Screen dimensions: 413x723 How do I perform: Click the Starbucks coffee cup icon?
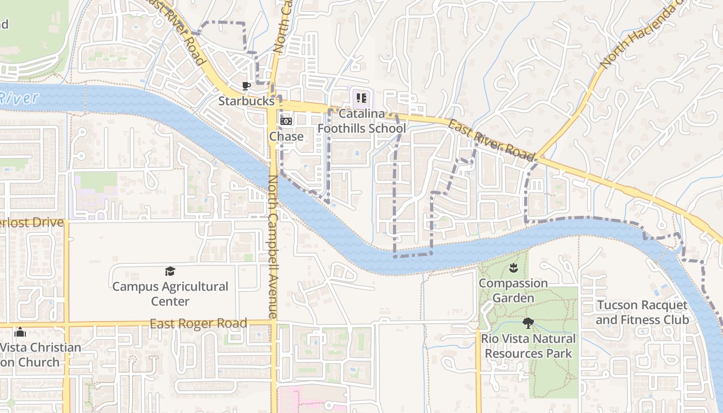coord(246,86)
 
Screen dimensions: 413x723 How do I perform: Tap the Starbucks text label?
coord(246,101)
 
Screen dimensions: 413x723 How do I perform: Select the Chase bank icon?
coord(286,121)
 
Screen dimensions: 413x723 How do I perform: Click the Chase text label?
coord(286,137)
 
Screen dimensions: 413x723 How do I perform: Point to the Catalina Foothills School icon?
coord(361,97)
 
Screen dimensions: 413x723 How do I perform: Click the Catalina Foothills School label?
coord(361,121)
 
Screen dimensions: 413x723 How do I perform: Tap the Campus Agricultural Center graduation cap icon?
coord(170,271)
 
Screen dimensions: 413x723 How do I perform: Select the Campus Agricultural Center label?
coord(170,294)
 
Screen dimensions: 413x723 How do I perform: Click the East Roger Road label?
coord(198,324)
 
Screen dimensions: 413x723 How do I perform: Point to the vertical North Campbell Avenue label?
coord(273,247)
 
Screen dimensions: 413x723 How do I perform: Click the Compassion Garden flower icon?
coord(513,267)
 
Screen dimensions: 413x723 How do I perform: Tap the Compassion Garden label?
coord(513,291)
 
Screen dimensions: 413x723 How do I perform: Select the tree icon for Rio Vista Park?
coord(528,324)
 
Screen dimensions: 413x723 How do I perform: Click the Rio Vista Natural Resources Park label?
coord(528,346)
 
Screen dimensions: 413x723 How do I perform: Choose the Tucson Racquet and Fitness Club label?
coord(642,312)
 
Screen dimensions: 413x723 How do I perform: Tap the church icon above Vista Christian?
coord(20,332)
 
